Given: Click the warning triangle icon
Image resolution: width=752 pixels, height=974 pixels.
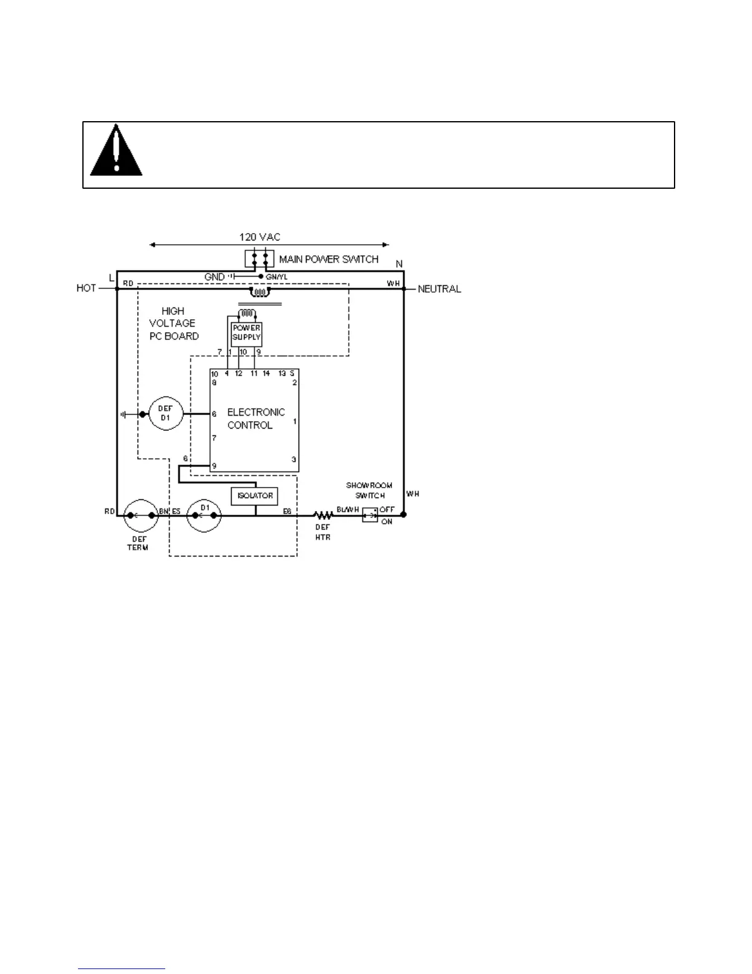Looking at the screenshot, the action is pyautogui.click(x=116, y=151).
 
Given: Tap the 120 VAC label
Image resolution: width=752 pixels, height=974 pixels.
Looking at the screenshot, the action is pyautogui.click(x=259, y=237).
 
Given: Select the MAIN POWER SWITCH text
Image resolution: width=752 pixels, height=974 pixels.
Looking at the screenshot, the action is pyautogui.click(x=329, y=259).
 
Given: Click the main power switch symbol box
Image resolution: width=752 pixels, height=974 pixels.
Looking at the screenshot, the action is pyautogui.click(x=259, y=259).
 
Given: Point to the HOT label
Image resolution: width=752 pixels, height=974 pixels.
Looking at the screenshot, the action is pyautogui.click(x=86, y=288).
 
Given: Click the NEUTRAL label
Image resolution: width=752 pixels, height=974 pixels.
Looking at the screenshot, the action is pyautogui.click(x=439, y=289).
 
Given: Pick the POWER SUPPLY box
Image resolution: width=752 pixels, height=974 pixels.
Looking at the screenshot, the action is pyautogui.click(x=246, y=333).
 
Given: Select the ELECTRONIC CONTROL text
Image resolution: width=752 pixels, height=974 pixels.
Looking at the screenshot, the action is pyautogui.click(x=256, y=419).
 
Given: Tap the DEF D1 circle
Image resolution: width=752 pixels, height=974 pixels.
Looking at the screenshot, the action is pyautogui.click(x=166, y=414).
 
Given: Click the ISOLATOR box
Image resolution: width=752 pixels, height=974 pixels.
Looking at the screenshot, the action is pyautogui.click(x=254, y=496).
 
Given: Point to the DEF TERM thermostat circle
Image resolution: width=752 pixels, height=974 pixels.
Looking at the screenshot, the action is pyautogui.click(x=141, y=515).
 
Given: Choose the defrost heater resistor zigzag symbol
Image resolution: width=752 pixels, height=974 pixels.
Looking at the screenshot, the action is pyautogui.click(x=323, y=515).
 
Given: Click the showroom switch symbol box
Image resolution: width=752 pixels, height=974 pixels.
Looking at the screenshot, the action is pyautogui.click(x=369, y=515).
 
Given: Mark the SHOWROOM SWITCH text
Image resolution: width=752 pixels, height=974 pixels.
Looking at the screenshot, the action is pyautogui.click(x=369, y=490).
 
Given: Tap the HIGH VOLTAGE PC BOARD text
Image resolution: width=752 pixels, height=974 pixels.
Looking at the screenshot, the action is pyautogui.click(x=173, y=323).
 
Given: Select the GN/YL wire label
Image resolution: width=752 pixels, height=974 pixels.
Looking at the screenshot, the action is pyautogui.click(x=276, y=277).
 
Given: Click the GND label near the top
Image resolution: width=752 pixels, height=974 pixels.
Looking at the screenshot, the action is pyautogui.click(x=214, y=277).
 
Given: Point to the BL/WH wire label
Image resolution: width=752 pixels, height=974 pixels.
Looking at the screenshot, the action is pyautogui.click(x=348, y=510).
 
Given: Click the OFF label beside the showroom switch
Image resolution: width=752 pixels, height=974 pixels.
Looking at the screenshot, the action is pyautogui.click(x=387, y=510).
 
